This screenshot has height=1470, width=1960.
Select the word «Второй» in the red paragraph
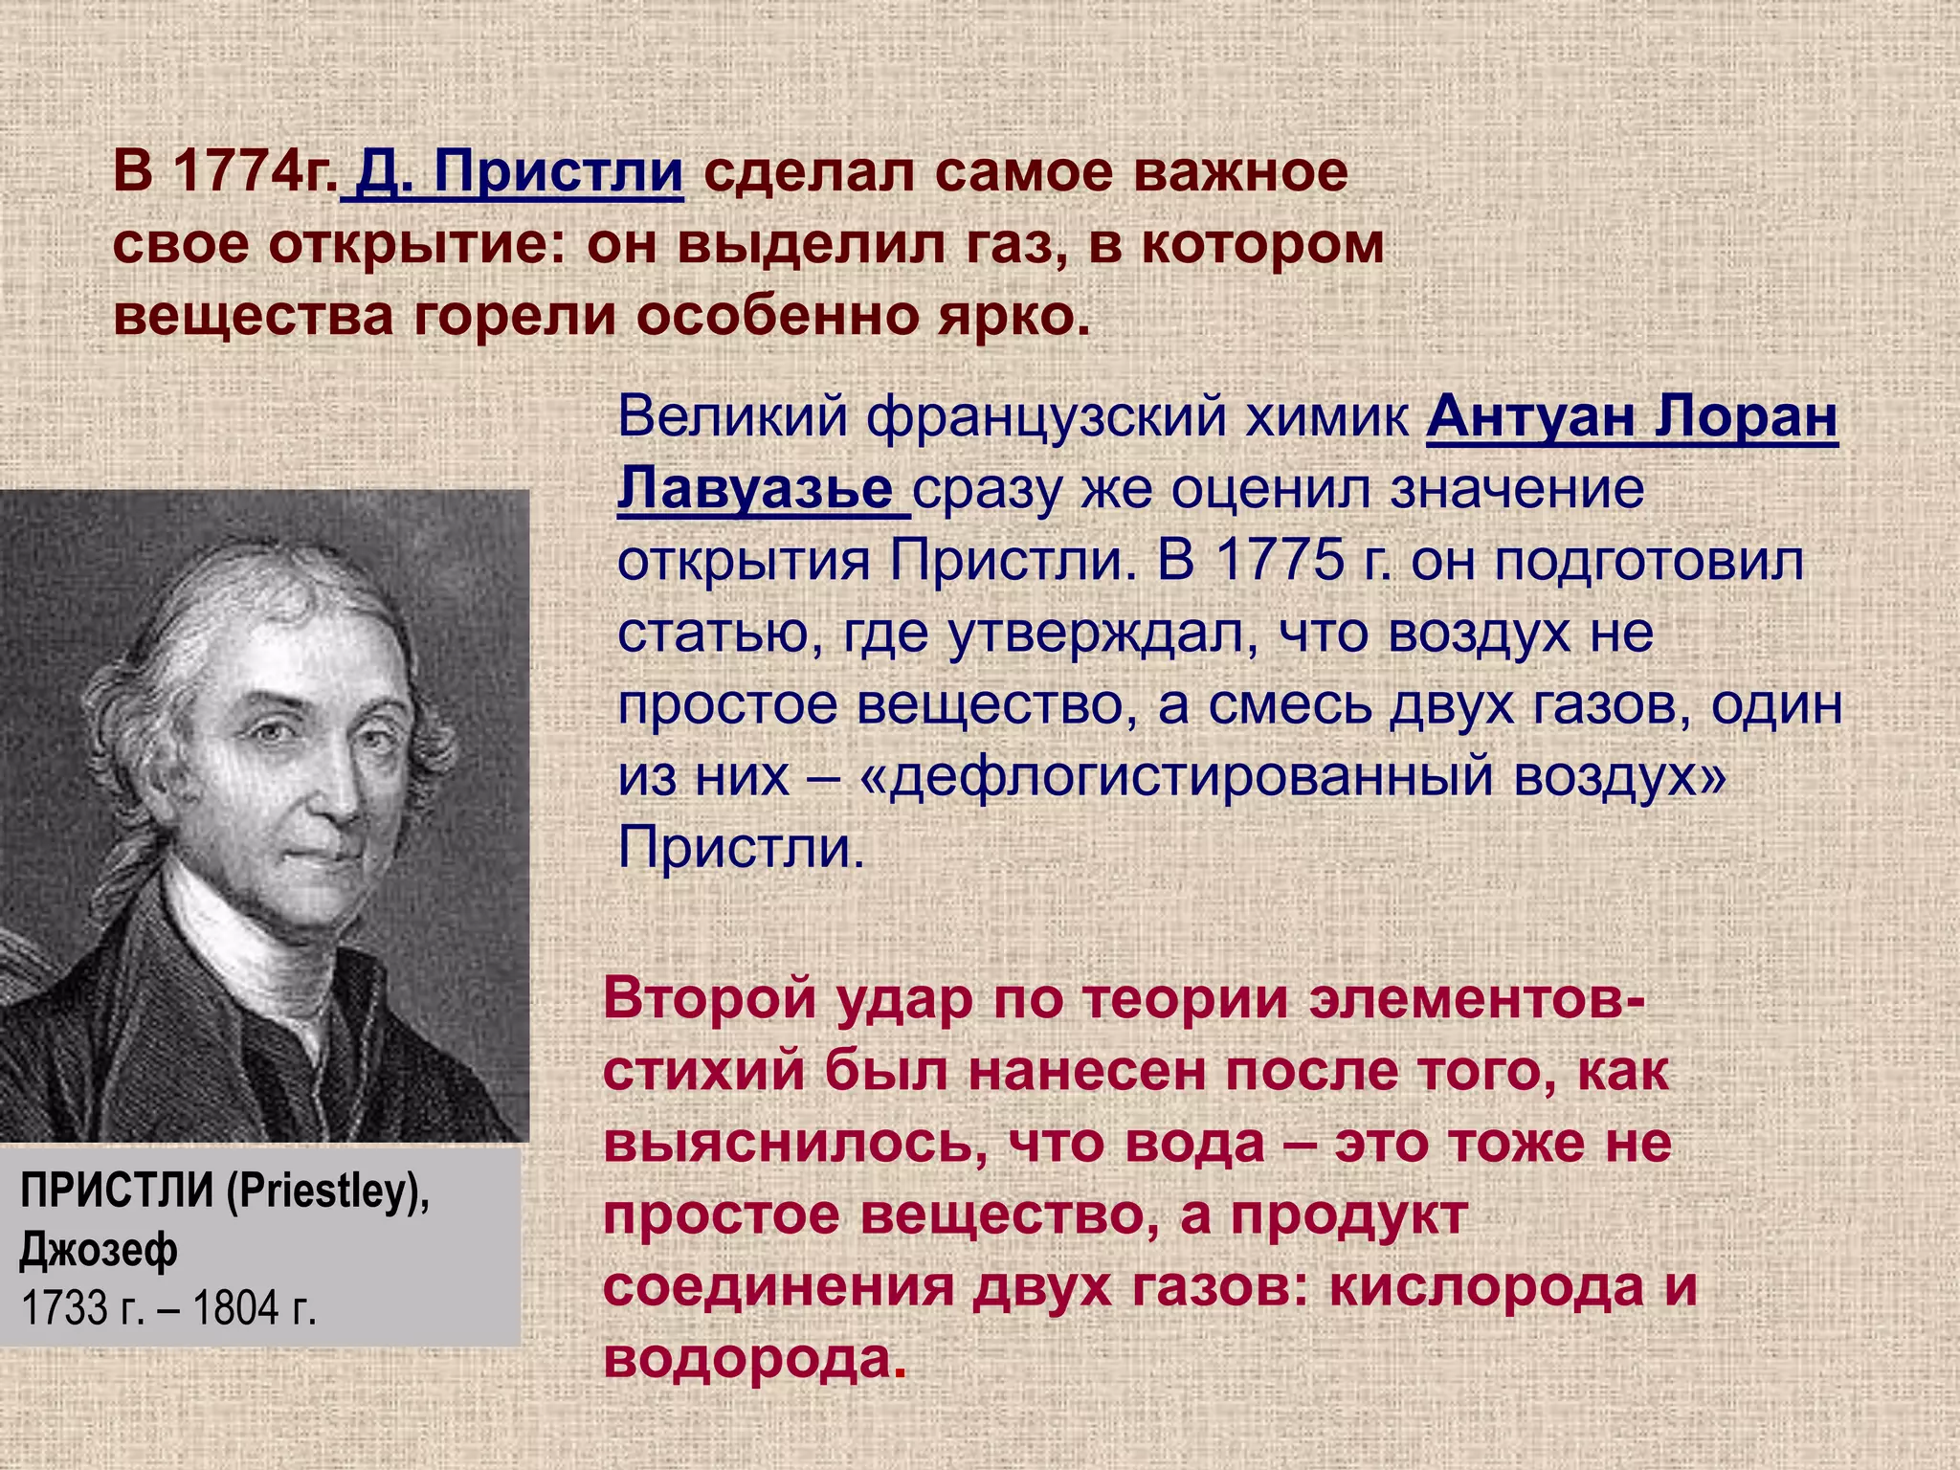708,1000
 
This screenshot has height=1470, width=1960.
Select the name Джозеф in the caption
99,1250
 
